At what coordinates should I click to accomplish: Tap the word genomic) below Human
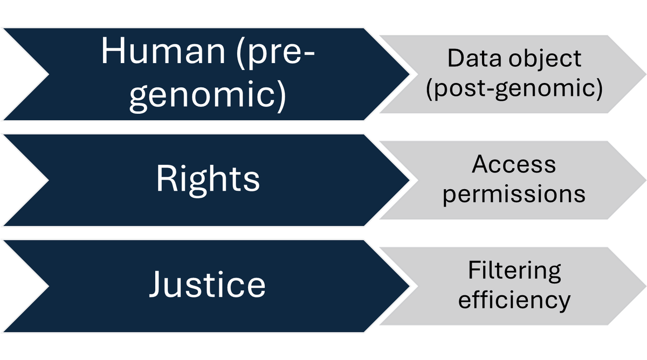tap(208, 96)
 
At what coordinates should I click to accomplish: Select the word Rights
tap(208, 179)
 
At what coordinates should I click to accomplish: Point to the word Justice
tap(208, 285)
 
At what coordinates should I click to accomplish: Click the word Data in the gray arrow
tap(473, 58)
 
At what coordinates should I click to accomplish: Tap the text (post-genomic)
tap(514, 88)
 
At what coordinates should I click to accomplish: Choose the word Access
tap(514, 165)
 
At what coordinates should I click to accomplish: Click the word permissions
tap(514, 193)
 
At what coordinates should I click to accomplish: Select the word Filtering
tap(514, 271)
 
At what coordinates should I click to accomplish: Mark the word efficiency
tap(514, 299)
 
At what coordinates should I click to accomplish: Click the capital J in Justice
tap(157, 285)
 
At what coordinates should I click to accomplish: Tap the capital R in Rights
tap(166, 179)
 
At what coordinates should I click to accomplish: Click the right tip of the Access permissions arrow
tap(645, 180)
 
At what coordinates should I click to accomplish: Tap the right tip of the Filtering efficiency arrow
tap(645, 286)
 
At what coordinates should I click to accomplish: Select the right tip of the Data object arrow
tap(645, 74)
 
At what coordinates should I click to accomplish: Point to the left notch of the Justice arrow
tap(47, 286)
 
